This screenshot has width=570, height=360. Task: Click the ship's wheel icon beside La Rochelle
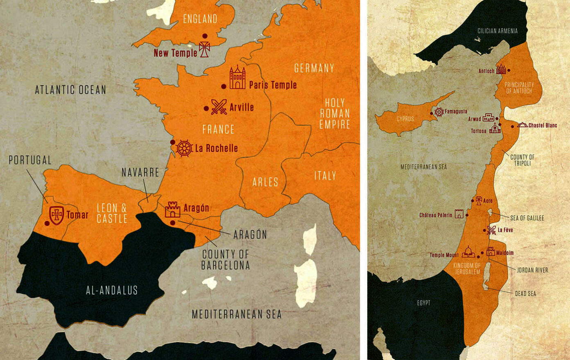coord(184,148)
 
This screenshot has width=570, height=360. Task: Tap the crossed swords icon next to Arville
coord(219,107)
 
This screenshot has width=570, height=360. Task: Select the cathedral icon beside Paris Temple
coord(237,77)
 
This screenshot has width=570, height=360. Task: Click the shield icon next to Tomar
coord(57,215)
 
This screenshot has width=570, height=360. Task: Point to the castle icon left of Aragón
coord(172,209)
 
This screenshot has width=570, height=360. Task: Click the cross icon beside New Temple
coord(204,49)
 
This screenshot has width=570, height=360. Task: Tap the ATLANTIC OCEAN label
coord(70,90)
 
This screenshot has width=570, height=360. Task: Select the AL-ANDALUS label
coord(112,290)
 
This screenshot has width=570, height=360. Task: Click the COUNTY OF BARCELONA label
coord(225,260)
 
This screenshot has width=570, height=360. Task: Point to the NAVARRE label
coord(140,172)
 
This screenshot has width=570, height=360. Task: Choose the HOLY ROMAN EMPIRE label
coord(335,113)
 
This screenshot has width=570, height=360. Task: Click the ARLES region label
coord(265,182)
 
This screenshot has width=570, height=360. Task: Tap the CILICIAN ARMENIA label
coord(498,31)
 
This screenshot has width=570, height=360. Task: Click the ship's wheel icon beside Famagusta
coord(439,112)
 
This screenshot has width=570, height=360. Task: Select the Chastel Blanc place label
coord(543,125)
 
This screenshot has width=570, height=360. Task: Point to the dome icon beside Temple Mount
coord(468,252)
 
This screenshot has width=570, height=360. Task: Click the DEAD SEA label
coord(525,294)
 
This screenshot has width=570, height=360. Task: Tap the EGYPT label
coord(424,303)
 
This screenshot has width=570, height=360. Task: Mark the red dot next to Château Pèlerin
coord(467,215)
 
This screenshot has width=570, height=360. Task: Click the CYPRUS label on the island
coord(405,119)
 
